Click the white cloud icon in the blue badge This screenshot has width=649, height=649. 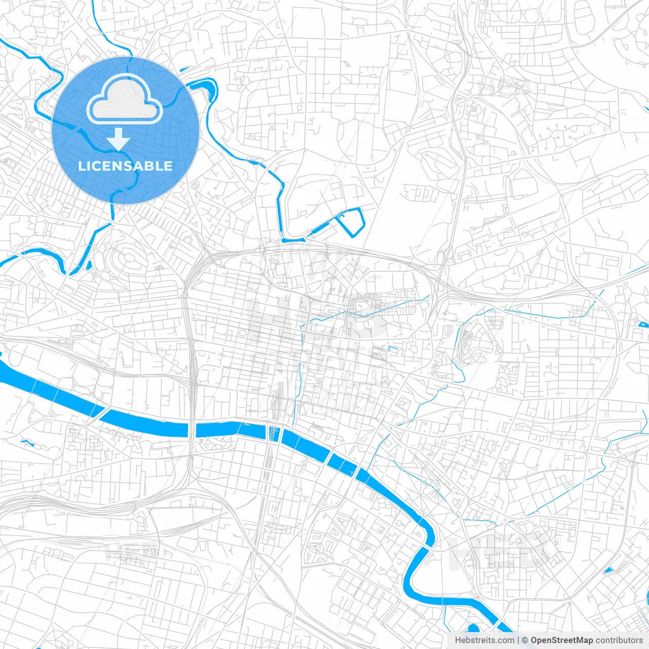(x=124, y=99)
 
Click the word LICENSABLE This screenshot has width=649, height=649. (x=125, y=166)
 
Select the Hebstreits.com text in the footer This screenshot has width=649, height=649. (x=485, y=640)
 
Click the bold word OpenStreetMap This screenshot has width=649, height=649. (x=562, y=640)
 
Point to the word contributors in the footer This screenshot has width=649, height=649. (x=619, y=640)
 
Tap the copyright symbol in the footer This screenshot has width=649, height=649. (x=525, y=640)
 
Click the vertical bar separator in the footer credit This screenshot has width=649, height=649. (x=518, y=640)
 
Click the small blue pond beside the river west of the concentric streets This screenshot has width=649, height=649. (x=89, y=265)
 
